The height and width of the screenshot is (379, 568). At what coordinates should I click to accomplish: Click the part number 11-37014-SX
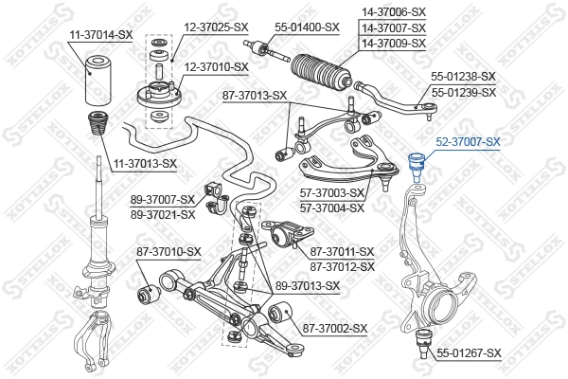click(98, 34)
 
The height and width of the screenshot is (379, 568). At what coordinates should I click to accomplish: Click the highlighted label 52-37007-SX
click(467, 141)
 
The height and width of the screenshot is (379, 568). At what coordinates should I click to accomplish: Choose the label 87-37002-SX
click(334, 329)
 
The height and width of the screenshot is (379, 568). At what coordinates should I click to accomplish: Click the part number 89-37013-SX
click(307, 285)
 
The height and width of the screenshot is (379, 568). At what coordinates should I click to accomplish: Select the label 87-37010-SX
click(169, 251)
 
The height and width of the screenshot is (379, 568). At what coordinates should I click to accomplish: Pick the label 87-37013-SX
click(255, 95)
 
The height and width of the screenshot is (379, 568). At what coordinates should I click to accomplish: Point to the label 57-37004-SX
click(332, 207)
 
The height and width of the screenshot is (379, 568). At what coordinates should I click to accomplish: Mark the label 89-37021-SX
click(164, 213)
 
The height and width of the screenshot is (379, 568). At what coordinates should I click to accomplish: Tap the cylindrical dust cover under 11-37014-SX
click(98, 81)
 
